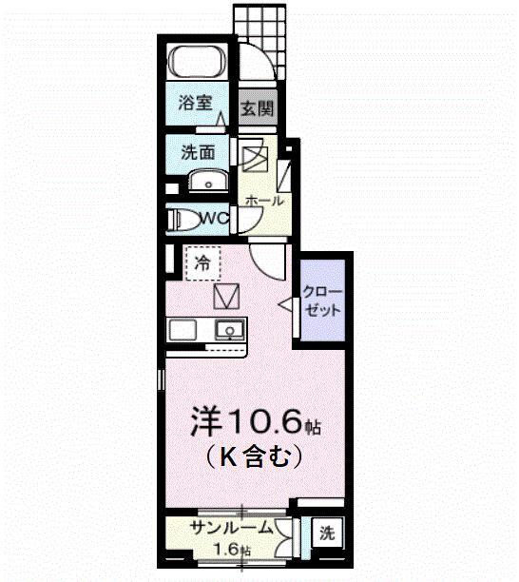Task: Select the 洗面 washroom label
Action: [x=198, y=151]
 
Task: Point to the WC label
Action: [x=215, y=219]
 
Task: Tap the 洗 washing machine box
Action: [x=326, y=533]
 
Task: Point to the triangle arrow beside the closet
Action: [x=284, y=303]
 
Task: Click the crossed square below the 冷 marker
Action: [x=228, y=298]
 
